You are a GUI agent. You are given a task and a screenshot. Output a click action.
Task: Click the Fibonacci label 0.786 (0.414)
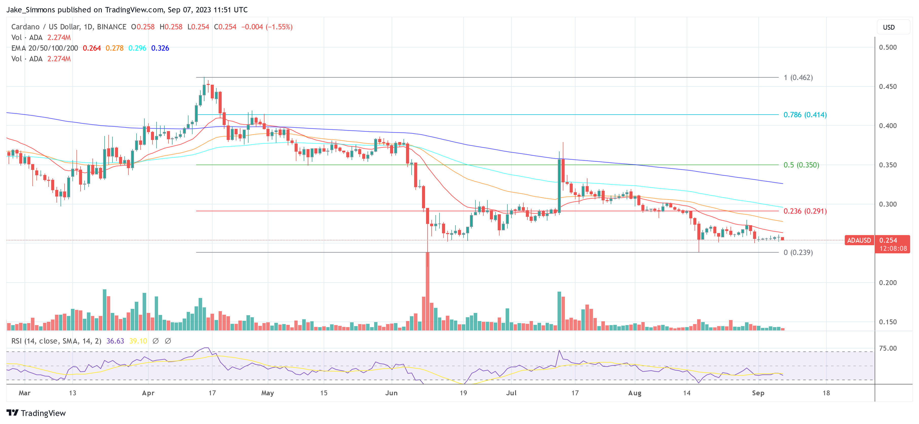(x=805, y=115)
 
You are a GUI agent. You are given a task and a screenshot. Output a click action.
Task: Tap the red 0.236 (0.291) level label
(x=805, y=211)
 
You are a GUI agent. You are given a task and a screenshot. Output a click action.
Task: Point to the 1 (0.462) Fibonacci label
(x=798, y=78)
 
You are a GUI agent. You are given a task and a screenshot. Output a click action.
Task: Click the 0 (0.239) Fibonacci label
(x=798, y=253)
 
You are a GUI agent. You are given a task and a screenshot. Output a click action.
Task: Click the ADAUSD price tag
(x=859, y=240)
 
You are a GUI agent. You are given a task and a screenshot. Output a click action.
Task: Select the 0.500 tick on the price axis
(x=888, y=47)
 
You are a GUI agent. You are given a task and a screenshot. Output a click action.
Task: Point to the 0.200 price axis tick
(x=888, y=282)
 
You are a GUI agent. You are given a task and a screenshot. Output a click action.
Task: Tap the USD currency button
(x=889, y=27)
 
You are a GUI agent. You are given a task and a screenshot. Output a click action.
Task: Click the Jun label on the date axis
(x=391, y=393)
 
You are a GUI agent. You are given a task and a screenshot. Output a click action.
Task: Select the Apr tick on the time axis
(x=148, y=393)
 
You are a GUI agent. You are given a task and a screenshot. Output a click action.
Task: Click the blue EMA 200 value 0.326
(x=160, y=48)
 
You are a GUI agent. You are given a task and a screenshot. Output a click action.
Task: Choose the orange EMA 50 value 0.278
(x=114, y=48)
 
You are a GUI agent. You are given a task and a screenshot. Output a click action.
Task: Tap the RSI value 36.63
(x=115, y=341)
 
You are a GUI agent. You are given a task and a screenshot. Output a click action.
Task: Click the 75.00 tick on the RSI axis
(x=888, y=348)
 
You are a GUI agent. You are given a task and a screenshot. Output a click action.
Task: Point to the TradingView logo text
(x=43, y=413)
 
